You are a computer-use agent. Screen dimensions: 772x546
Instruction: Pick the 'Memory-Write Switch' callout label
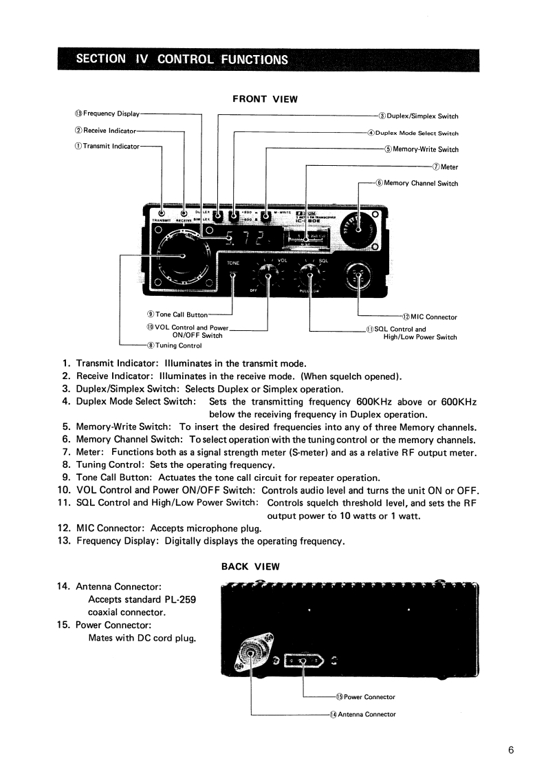click(x=422, y=149)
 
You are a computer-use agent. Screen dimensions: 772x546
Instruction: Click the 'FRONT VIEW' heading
click(x=265, y=99)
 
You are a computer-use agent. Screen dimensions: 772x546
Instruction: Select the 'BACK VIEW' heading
click(x=250, y=567)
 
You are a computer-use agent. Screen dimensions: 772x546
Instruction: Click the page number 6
click(x=511, y=750)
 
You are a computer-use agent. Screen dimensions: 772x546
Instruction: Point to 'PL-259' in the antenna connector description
click(x=180, y=599)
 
